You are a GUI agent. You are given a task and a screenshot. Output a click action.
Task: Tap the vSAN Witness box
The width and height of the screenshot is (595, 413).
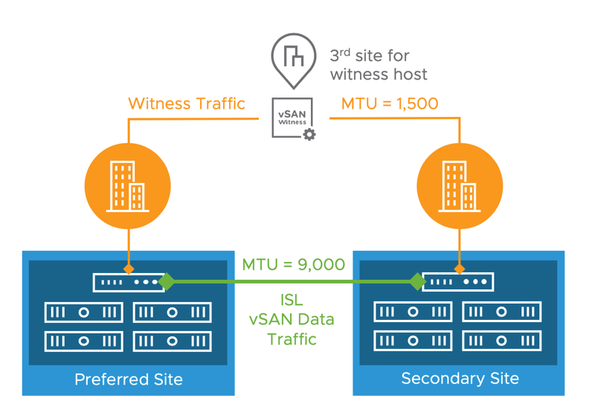tap(292, 117)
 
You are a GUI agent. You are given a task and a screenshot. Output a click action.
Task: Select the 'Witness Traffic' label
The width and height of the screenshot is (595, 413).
tap(187, 103)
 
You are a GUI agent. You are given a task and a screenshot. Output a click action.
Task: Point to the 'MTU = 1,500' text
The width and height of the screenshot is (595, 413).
tap(390, 103)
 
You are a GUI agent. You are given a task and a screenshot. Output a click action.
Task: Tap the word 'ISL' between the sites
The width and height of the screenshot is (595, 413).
tap(292, 300)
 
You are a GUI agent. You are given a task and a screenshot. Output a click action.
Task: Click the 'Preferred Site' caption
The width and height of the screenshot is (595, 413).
tap(129, 380)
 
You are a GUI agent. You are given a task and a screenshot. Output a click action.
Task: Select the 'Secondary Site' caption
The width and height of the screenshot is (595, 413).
tap(460, 378)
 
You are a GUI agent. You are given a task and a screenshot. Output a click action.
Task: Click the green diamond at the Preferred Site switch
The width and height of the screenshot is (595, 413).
tap(167, 281)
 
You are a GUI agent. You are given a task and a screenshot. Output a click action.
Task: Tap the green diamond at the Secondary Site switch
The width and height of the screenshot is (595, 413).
tap(418, 281)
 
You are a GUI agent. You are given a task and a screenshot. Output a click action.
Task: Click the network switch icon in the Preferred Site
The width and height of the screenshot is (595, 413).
tap(126, 283)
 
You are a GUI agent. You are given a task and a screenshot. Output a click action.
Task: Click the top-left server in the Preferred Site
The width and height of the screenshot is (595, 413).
tap(83, 313)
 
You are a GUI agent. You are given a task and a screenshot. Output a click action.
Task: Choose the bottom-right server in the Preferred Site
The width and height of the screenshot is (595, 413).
tap(172, 341)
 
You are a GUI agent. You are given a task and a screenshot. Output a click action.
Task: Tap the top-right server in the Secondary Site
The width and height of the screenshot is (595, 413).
tap(502, 313)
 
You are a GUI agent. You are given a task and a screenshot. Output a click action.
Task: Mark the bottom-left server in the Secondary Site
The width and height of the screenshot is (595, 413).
tap(414, 341)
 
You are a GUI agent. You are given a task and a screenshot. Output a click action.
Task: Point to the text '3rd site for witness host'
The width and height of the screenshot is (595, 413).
tap(379, 65)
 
